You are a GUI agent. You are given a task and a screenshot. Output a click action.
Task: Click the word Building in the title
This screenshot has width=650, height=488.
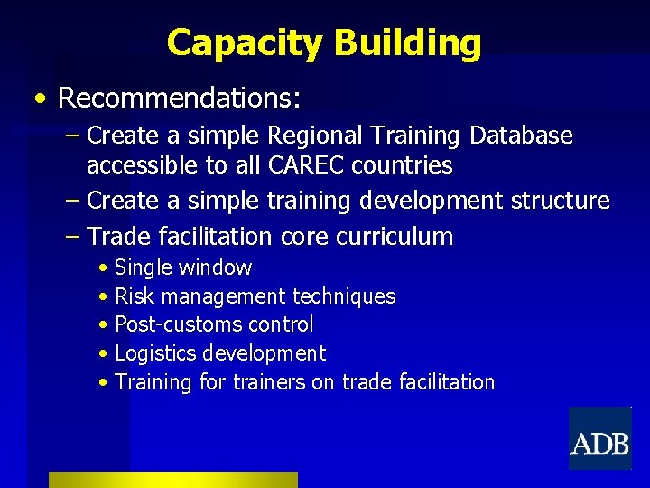(407, 42)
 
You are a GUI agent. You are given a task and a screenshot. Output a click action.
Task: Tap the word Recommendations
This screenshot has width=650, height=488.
(179, 96)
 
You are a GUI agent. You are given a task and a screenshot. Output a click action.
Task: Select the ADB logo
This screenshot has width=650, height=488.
(599, 439)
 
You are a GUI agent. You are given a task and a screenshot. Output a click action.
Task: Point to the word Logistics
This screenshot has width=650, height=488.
(156, 353)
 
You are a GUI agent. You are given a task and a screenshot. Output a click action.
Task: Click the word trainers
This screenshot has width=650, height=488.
(269, 382)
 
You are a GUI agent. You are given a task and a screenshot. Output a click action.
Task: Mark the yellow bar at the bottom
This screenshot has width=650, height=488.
(172, 479)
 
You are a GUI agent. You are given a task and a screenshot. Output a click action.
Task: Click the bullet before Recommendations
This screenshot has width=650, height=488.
(40, 97)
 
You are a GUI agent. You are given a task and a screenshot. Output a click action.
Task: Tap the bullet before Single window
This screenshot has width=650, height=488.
(106, 268)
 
